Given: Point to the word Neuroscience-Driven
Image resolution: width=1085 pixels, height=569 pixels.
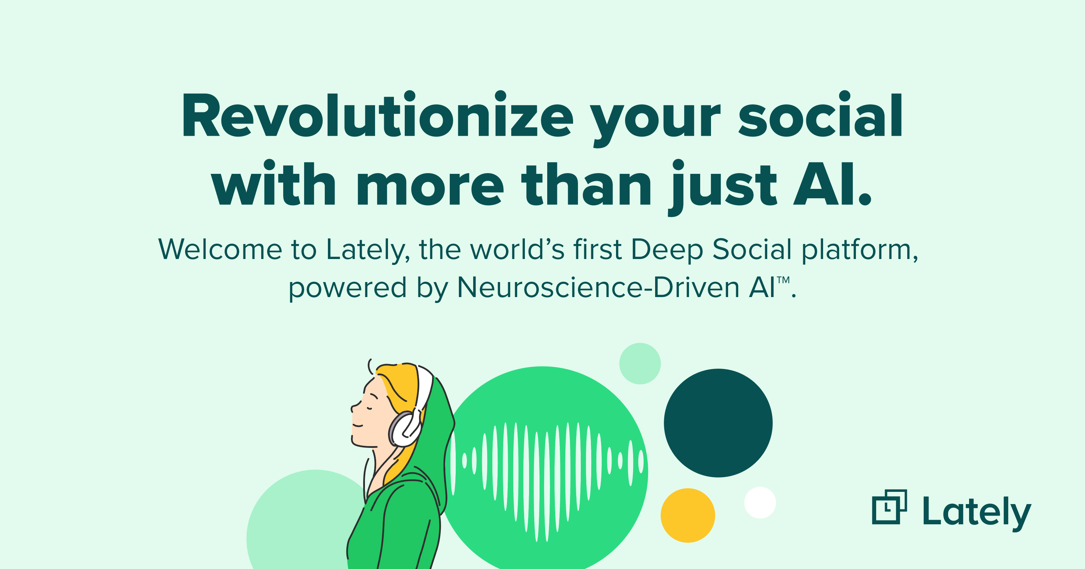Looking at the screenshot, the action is [x=598, y=288].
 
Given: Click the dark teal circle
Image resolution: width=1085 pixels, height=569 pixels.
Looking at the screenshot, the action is [x=718, y=423].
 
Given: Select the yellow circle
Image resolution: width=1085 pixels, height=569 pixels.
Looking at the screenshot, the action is [x=688, y=515].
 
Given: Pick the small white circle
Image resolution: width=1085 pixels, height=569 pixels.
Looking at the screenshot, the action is [x=760, y=502].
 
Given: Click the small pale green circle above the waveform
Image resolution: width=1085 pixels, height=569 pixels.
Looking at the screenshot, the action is [x=640, y=363].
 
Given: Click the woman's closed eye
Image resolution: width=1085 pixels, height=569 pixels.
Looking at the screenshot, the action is [x=369, y=408].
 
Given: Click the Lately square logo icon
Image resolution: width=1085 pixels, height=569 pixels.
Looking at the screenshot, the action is [x=889, y=507].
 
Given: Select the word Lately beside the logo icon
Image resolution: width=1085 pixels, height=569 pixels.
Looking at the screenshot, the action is [x=977, y=512].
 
